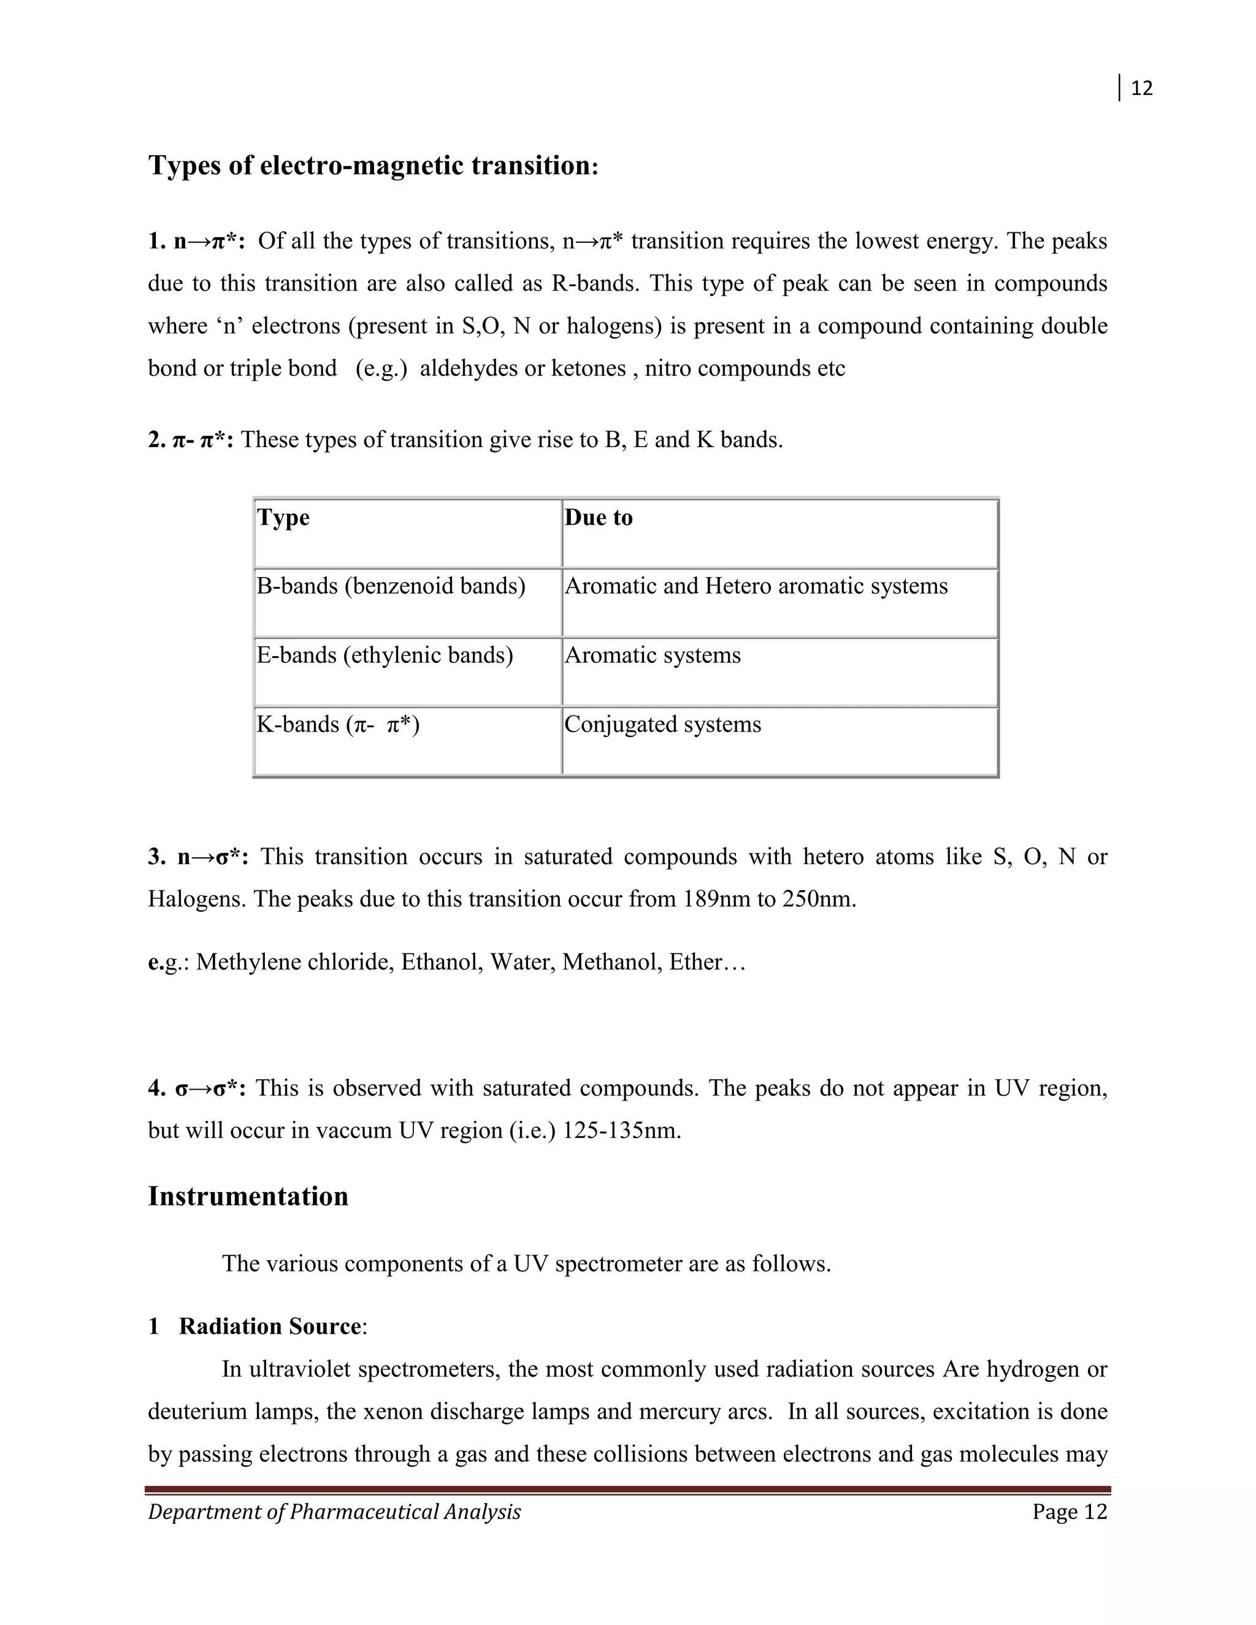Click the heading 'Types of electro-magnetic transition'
click(x=372, y=165)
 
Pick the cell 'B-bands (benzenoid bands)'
click(x=391, y=586)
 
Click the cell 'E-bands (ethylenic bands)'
click(x=385, y=656)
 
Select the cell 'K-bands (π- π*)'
click(x=338, y=725)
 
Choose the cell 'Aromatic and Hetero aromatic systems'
click(x=756, y=586)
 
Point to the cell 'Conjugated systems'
click(x=662, y=725)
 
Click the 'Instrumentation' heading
click(x=248, y=1196)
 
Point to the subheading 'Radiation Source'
click(x=269, y=1326)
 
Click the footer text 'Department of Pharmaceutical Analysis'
click(x=334, y=1512)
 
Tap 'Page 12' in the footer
click(x=1069, y=1512)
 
